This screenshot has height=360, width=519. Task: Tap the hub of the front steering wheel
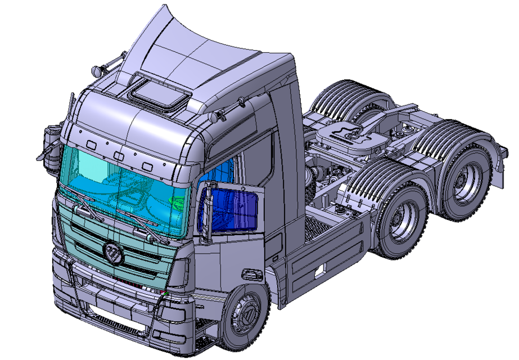(x=246, y=317)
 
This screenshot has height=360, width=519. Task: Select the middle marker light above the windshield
(x=119, y=155)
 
